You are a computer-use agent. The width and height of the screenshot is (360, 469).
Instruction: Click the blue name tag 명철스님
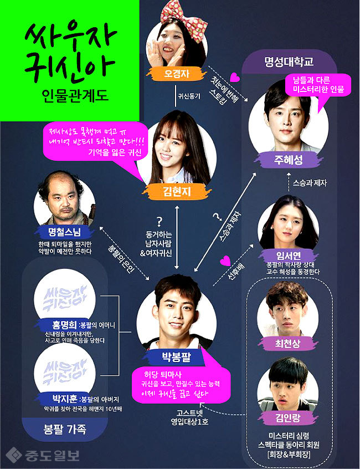(65, 231)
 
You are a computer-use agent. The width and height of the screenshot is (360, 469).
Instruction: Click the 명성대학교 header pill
(289, 62)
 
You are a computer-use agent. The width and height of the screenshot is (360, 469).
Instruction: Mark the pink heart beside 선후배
(225, 259)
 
